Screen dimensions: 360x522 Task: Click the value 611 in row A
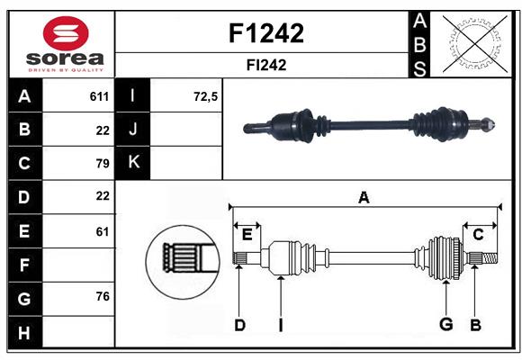coord(99,96)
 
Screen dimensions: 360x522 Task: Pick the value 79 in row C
coord(102,163)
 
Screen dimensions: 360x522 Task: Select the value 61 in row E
coord(102,231)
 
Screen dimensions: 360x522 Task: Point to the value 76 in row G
coord(102,296)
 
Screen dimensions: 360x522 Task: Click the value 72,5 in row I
coord(206,96)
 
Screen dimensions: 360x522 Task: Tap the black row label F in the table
coord(24,265)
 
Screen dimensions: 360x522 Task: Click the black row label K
coord(134,163)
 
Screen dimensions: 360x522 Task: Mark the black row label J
coord(134,130)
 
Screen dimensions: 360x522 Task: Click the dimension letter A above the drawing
coord(364,197)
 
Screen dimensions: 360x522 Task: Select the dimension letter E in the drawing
coord(247,235)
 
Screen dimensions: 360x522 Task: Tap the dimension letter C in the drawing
coord(478,235)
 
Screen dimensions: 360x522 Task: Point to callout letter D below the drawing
coord(239,325)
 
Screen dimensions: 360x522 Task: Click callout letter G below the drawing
coord(445,325)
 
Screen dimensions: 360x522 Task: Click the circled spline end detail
coord(184,261)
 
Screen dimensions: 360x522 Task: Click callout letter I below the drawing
coord(280,325)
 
